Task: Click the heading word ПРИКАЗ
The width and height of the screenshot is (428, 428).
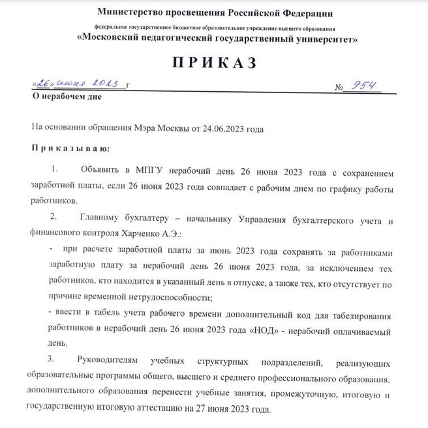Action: tap(213, 63)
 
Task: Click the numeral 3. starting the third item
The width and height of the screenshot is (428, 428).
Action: tap(52, 360)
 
